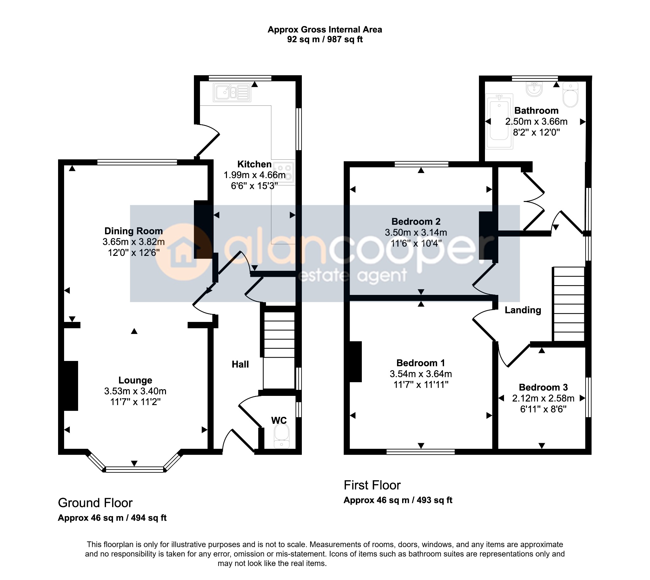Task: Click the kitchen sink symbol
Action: click(x=232, y=93)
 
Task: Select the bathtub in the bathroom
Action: click(x=499, y=121)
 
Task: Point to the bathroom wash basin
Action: click(x=534, y=89)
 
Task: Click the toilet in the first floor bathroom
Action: click(x=570, y=95)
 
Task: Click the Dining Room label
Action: click(x=134, y=231)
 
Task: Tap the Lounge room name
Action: click(x=135, y=380)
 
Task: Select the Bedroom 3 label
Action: click(x=543, y=387)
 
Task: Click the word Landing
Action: click(x=523, y=310)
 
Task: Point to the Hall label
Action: click(x=240, y=364)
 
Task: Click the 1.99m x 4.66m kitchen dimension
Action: click(x=255, y=175)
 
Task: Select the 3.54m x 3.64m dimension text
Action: click(x=421, y=374)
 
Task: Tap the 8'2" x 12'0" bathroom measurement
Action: click(x=536, y=132)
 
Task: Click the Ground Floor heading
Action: click(x=95, y=503)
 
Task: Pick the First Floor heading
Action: click(x=372, y=485)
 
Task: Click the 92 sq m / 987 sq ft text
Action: click(x=325, y=39)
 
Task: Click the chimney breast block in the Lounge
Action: click(x=71, y=386)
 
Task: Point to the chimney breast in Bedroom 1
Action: click(x=355, y=362)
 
